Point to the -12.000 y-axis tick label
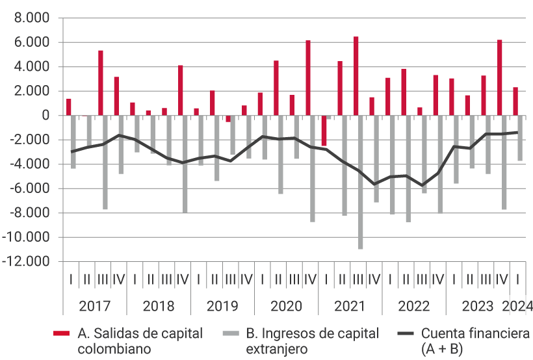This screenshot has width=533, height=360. coord(29,262)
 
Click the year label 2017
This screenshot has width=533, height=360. coord(94,306)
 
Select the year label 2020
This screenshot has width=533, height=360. coord(286,306)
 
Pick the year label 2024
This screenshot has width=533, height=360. coord(517,306)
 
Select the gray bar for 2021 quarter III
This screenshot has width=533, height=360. coord(360,182)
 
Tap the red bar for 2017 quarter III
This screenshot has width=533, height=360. coord(101,83)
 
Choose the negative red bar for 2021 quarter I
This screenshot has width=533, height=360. coord(324,131)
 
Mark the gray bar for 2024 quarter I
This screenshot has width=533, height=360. coord(520,138)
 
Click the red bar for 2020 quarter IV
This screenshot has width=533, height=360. coord(308,78)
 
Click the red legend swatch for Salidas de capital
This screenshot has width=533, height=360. coord(62,334)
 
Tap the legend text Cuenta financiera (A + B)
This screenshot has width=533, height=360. coord(475,341)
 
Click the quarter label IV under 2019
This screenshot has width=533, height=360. coord(246,279)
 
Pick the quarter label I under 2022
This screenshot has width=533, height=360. coord(389,279)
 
